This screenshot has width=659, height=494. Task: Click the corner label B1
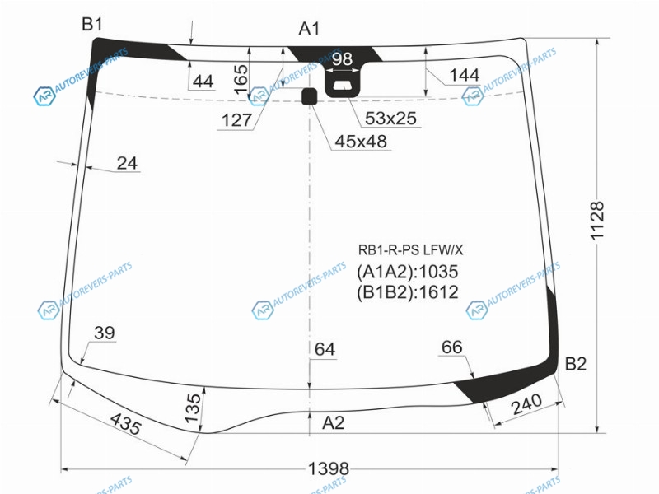(x=92, y=25)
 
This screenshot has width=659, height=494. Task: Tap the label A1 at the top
(x=310, y=29)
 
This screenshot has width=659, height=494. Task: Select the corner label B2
(x=575, y=363)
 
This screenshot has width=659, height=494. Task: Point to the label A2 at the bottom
(x=334, y=422)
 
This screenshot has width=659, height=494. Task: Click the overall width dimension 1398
(x=329, y=468)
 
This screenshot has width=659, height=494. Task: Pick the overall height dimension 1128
(x=597, y=221)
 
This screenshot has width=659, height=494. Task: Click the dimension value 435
(x=125, y=423)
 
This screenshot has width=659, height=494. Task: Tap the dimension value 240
(x=526, y=403)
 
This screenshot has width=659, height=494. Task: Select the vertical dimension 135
(x=194, y=408)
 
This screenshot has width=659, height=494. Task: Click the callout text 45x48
(x=361, y=142)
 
